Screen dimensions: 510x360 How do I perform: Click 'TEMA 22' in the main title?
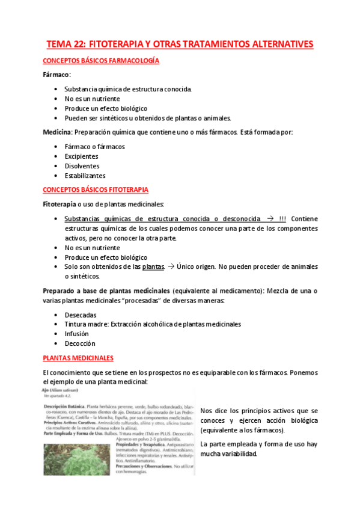pos(69,45)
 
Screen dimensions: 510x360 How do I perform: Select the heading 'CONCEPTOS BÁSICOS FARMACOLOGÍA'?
pos(100,61)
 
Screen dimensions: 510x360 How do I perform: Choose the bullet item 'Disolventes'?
pos(82,166)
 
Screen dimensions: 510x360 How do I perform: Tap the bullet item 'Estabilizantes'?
pos(85,176)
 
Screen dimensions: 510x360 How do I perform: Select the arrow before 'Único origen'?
pos(171,266)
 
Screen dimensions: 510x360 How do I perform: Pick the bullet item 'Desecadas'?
pos(81,315)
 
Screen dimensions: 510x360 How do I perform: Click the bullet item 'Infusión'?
pos(77,334)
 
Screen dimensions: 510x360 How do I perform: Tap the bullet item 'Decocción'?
pos(80,343)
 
